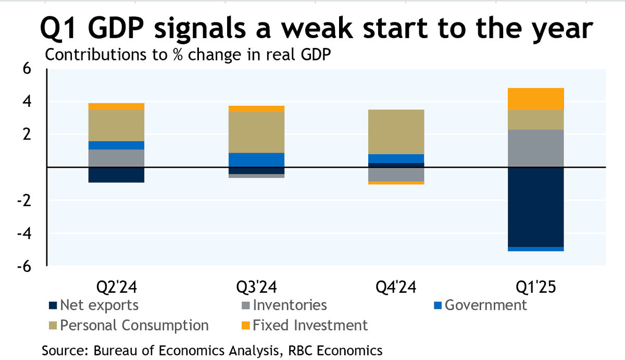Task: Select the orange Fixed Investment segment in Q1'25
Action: point(536,99)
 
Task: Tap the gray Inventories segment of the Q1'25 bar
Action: point(536,148)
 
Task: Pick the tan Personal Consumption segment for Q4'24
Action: point(396,132)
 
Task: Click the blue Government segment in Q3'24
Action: point(256,160)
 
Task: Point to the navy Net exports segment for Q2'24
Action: point(116,175)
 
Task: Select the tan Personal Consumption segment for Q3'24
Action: point(256,132)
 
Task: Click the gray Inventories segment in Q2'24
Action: point(116,158)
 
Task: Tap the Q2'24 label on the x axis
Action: point(116,287)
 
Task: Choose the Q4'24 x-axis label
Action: point(396,287)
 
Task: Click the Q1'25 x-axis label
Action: point(536,287)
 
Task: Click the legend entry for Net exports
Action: point(94,305)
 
